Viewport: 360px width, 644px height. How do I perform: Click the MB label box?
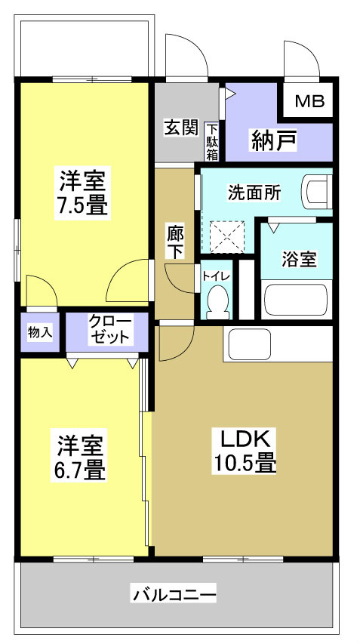309,101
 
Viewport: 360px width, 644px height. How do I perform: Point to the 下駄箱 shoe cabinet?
213,141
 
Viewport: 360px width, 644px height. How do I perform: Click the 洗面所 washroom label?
254,192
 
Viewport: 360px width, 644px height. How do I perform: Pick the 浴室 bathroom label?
299,258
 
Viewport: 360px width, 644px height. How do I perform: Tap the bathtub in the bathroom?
297,300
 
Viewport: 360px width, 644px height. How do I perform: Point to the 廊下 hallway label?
175,242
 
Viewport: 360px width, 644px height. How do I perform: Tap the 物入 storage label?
40,331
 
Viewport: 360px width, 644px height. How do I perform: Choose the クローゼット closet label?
107,329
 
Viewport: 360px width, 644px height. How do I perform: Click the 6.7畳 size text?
78,470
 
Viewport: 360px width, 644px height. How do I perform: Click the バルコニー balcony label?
175,594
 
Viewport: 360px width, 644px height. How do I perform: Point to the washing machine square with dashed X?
223,236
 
